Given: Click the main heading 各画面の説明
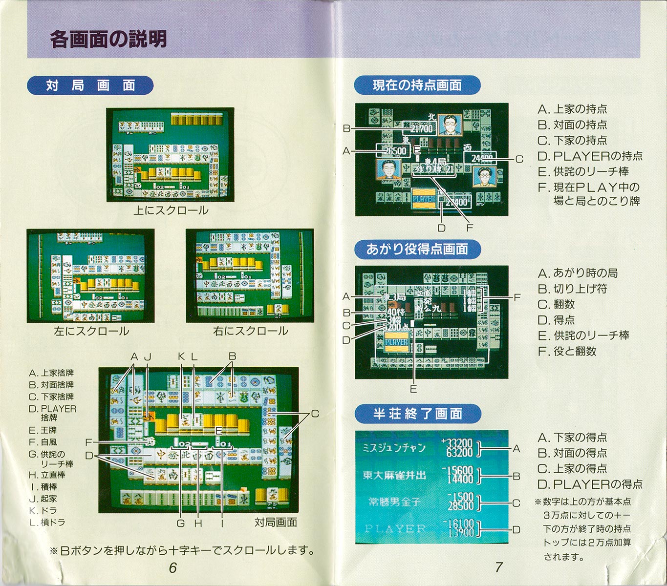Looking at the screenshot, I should pos(108,40).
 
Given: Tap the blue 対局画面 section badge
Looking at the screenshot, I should pos(90,85).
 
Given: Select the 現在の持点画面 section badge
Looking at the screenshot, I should pos(417,85).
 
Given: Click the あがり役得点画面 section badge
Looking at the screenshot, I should pos(417,250).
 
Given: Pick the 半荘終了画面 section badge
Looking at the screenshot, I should pos(417,414).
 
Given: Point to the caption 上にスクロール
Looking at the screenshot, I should pos(171,210).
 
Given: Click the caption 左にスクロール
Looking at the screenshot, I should pos(91,331).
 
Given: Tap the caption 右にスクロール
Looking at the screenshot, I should pos(250,331).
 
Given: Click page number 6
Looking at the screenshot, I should pos(172,567).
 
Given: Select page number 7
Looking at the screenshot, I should pos(498,567).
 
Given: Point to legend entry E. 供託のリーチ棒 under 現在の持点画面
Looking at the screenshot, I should pos(583,171).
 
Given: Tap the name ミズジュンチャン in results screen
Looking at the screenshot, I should pos(394,447).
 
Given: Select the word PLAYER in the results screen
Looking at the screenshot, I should pos(395,528).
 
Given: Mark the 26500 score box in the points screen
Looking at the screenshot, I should pos(394,151).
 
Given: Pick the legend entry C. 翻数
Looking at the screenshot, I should pos(556,304).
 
